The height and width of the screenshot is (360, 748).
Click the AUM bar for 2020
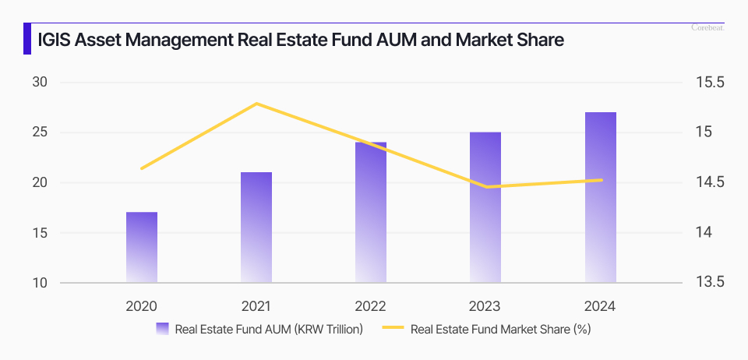pyautogui.click(x=142, y=247)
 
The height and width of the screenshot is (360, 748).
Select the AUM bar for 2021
pyautogui.click(x=256, y=227)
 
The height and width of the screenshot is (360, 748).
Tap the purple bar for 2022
pyautogui.click(x=371, y=212)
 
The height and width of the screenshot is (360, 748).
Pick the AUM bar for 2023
pyautogui.click(x=485, y=207)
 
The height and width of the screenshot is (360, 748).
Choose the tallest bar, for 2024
pyautogui.click(x=601, y=197)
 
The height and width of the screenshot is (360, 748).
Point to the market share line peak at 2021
pyautogui.click(x=256, y=104)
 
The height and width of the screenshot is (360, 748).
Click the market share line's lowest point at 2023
pyautogui.click(x=486, y=187)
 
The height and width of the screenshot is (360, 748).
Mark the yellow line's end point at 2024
pyautogui.click(x=601, y=180)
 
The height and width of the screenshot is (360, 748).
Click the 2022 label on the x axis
pyautogui.click(x=371, y=306)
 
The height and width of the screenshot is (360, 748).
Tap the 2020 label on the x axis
pyautogui.click(x=142, y=306)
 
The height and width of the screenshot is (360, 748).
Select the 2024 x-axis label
pyautogui.click(x=601, y=306)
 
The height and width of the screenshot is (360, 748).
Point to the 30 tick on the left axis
pyautogui.click(x=40, y=83)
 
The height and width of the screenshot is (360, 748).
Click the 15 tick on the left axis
pyautogui.click(x=40, y=233)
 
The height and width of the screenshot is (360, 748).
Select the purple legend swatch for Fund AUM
pyautogui.click(x=163, y=329)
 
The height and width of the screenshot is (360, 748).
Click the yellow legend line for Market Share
pyautogui.click(x=393, y=329)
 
